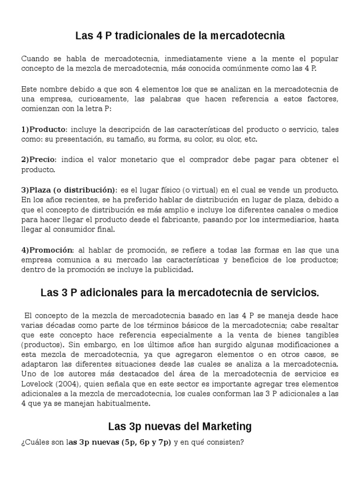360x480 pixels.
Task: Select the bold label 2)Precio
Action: tap(38, 160)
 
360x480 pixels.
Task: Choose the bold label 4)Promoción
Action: tap(47, 250)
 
